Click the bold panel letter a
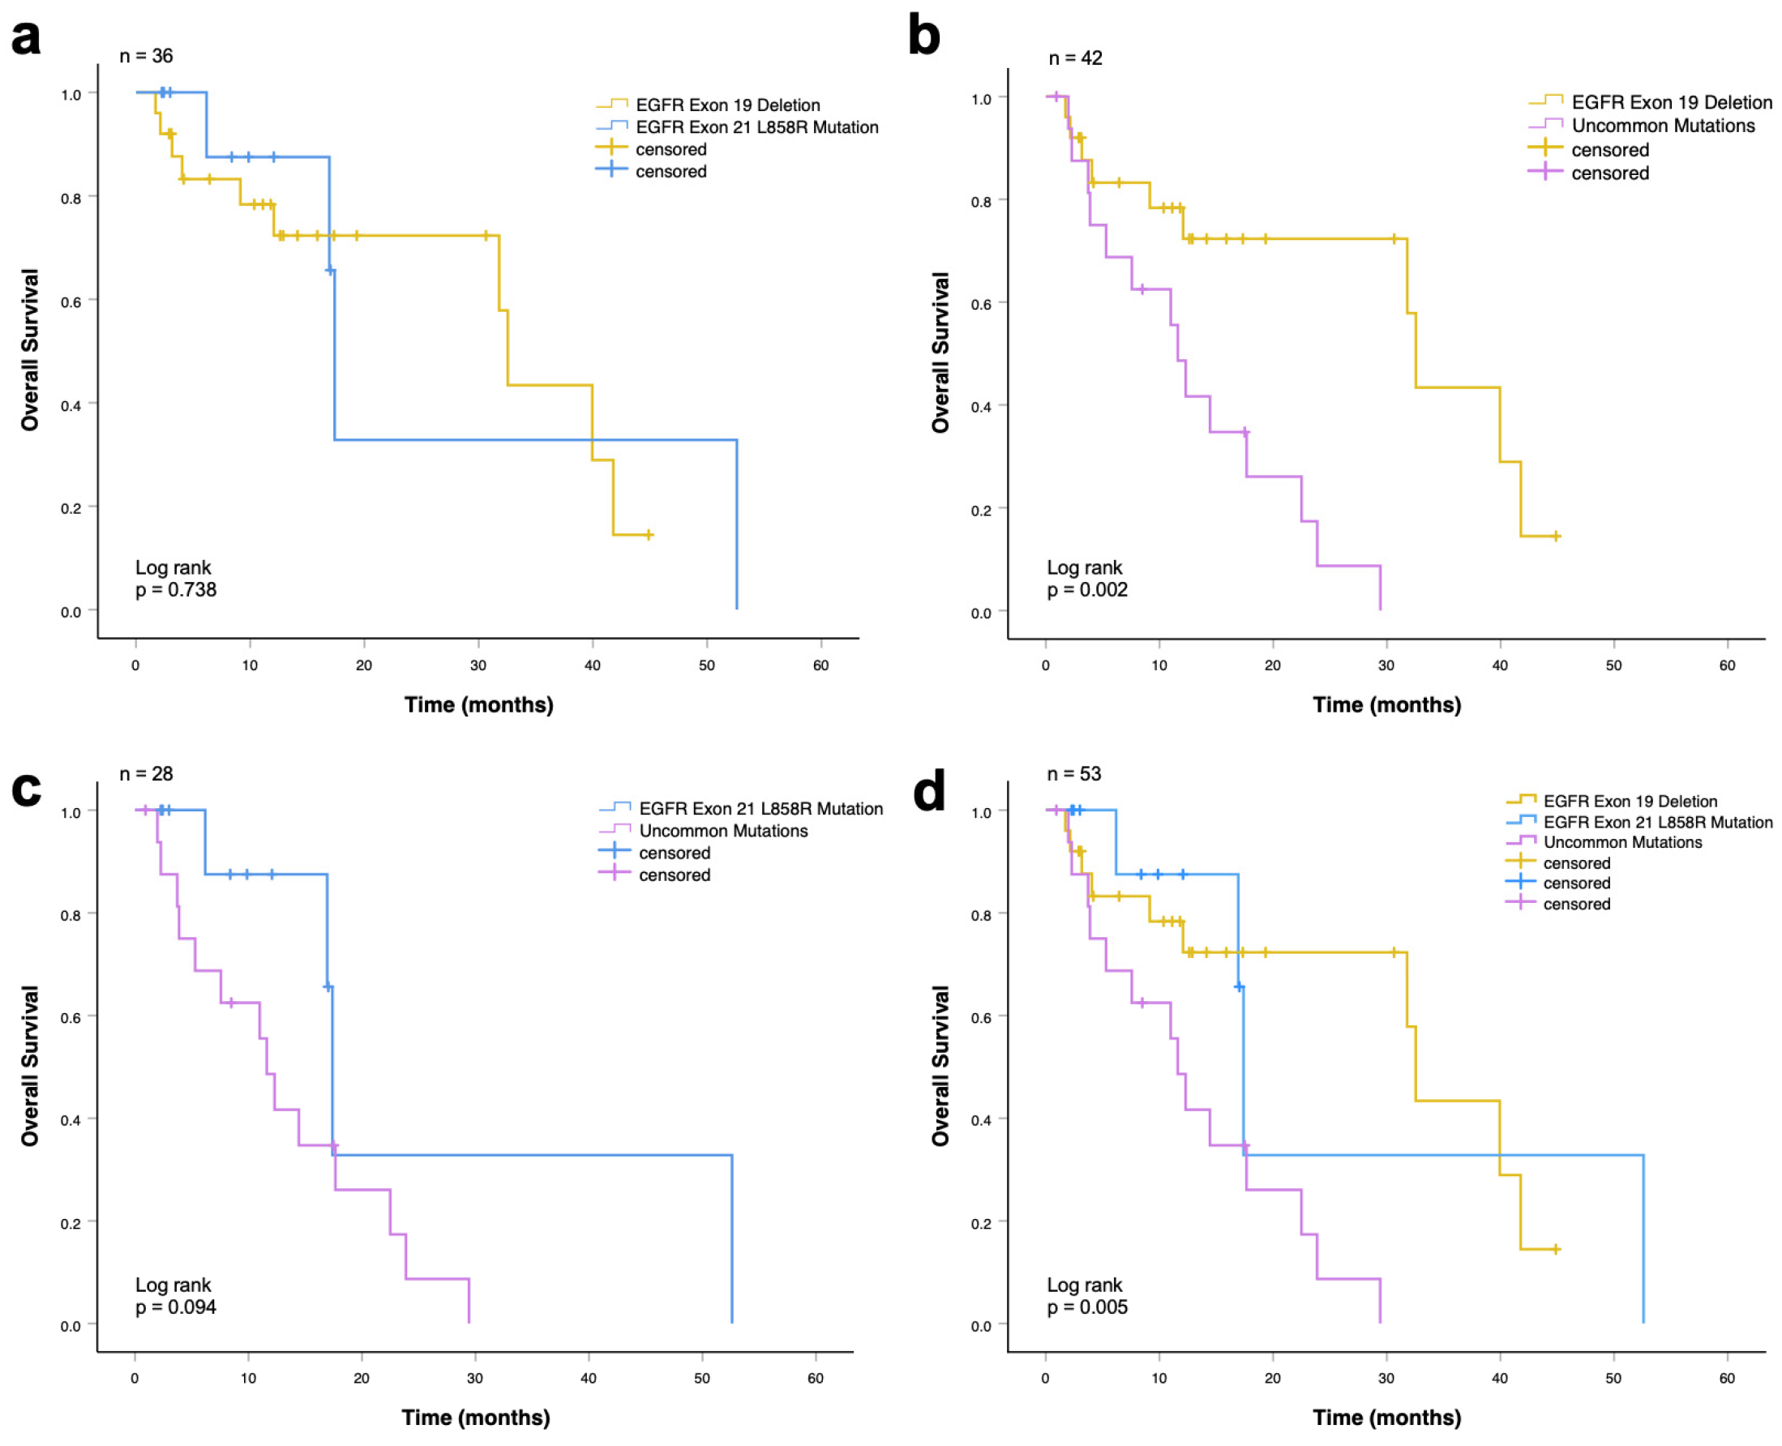pyautogui.click(x=26, y=37)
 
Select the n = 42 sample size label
pyautogui.click(x=1075, y=58)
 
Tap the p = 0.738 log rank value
pyautogui.click(x=176, y=590)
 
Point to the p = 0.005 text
pyautogui.click(x=1086, y=1307)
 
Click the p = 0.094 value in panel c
pyautogui.click(x=176, y=1307)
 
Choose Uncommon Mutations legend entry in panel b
pyautogui.click(x=1662, y=126)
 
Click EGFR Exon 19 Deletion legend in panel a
pyautogui.click(x=727, y=105)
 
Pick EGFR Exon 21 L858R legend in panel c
pyautogui.click(x=760, y=809)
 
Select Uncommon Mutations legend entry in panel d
pyautogui.click(x=1622, y=842)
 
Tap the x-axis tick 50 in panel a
pyautogui.click(x=706, y=665)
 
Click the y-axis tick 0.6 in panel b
pyautogui.click(x=981, y=305)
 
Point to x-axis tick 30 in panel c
pyautogui.click(x=475, y=1379)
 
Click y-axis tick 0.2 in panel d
pyautogui.click(x=981, y=1224)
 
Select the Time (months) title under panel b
pyautogui.click(x=1386, y=704)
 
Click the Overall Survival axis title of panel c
pyautogui.click(x=30, y=1066)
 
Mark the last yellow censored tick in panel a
pyautogui.click(x=649, y=535)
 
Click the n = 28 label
pyautogui.click(x=146, y=774)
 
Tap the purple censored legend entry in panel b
pyautogui.click(x=1609, y=173)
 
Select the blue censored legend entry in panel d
pyautogui.click(x=1576, y=883)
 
